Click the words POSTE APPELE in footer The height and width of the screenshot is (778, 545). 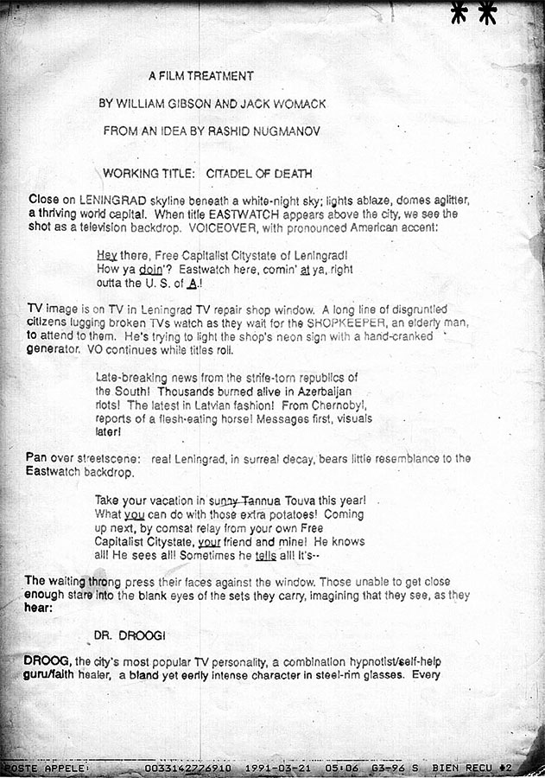45,767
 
